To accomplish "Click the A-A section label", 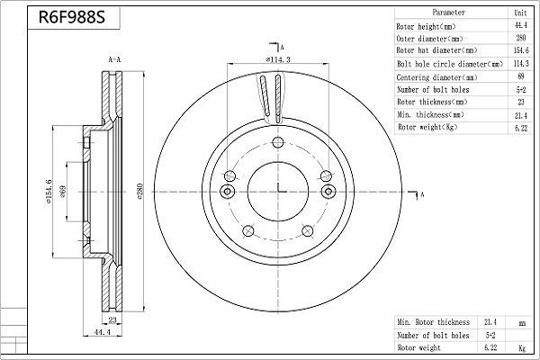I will [115, 59].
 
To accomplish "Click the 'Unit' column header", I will [519, 14].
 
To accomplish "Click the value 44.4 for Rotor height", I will [519, 27].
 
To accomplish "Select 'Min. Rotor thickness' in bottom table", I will [433, 321].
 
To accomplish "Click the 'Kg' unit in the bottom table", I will [520, 346].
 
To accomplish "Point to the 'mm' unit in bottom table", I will [520, 321].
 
